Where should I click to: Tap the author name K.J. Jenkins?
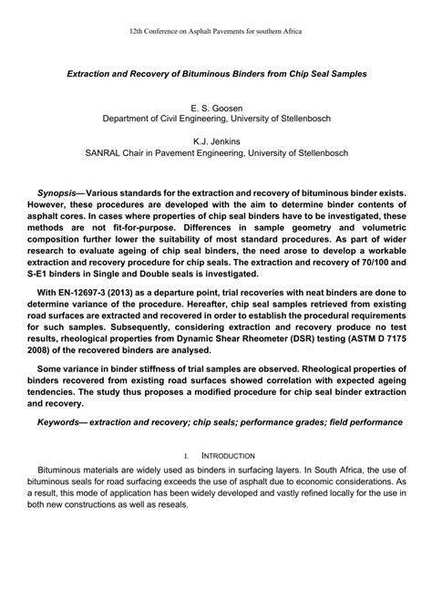tap(216, 141)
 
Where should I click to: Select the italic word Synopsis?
tap(60, 195)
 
